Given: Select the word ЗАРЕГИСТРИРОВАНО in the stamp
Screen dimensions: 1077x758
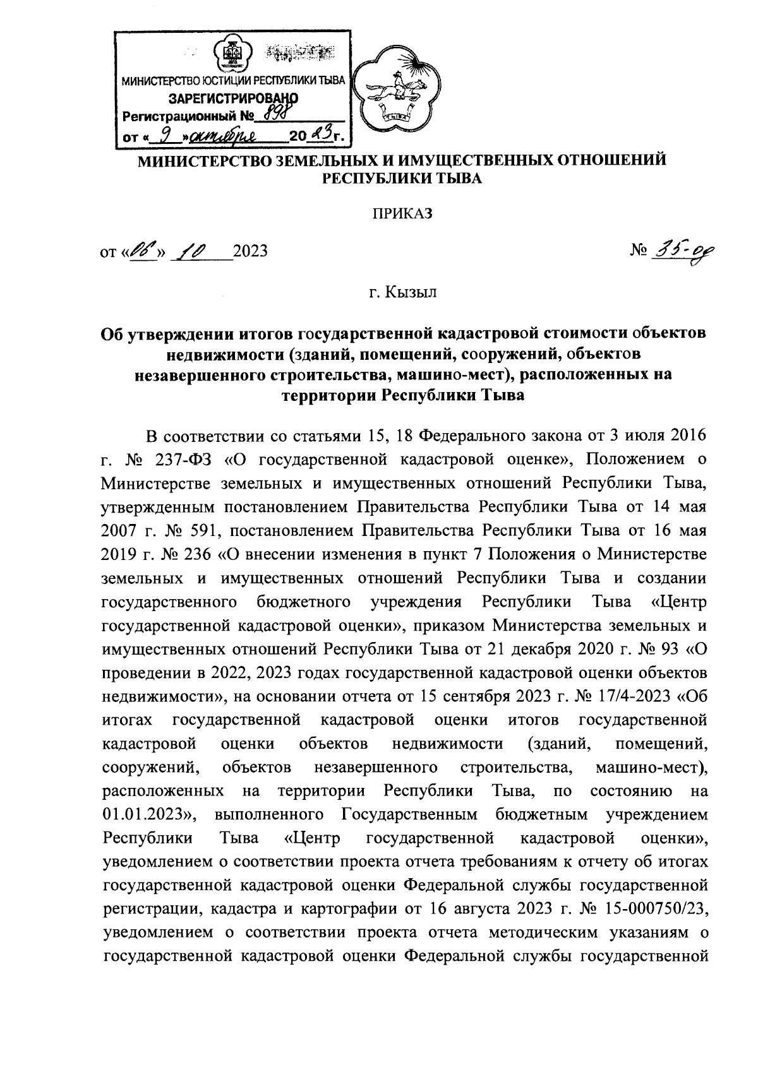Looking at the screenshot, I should [x=232, y=98].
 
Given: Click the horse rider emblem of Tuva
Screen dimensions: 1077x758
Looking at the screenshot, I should [x=395, y=88].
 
